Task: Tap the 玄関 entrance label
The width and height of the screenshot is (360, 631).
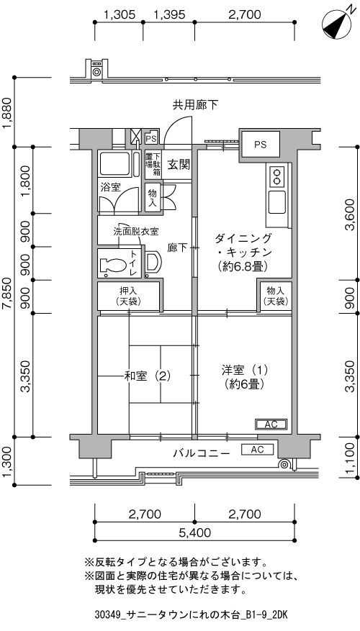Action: pos(179,165)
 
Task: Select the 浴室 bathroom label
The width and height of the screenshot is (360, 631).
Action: pos(110,188)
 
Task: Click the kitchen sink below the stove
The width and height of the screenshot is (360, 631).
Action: pos(277,202)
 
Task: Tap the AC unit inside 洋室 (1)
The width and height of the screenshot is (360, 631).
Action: pos(271,425)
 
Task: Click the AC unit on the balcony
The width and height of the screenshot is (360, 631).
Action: pos(257,450)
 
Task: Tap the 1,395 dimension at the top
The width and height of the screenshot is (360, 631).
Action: pos(169,15)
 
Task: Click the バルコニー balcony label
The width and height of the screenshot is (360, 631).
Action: pos(202,453)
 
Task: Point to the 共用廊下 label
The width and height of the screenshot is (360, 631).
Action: pos(195,106)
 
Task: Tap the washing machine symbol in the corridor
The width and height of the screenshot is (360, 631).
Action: pos(96,69)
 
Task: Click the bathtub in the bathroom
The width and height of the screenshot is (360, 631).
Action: pos(115,164)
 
